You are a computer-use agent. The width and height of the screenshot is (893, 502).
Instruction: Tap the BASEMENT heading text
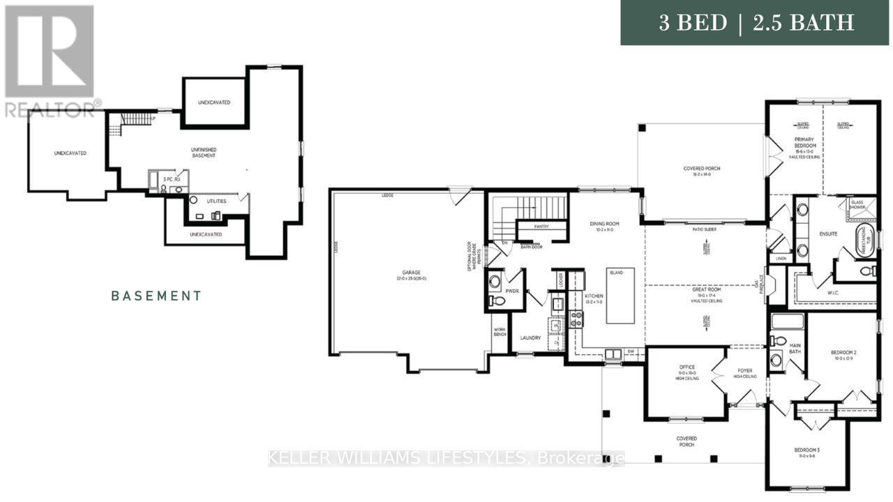[156, 296]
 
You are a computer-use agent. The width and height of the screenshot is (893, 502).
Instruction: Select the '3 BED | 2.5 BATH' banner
[756, 23]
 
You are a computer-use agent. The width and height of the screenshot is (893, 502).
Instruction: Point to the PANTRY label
[541, 227]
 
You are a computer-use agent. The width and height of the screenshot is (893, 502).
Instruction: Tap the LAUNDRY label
[530, 338]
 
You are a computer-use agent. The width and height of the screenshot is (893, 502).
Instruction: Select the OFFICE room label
[687, 367]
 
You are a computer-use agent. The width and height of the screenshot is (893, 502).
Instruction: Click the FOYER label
[746, 372]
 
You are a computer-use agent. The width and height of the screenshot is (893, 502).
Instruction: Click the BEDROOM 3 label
[806, 450]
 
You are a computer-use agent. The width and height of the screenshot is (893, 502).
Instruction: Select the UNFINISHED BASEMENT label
[204, 152]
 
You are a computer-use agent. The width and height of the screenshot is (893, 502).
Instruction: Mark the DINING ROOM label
[604, 224]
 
